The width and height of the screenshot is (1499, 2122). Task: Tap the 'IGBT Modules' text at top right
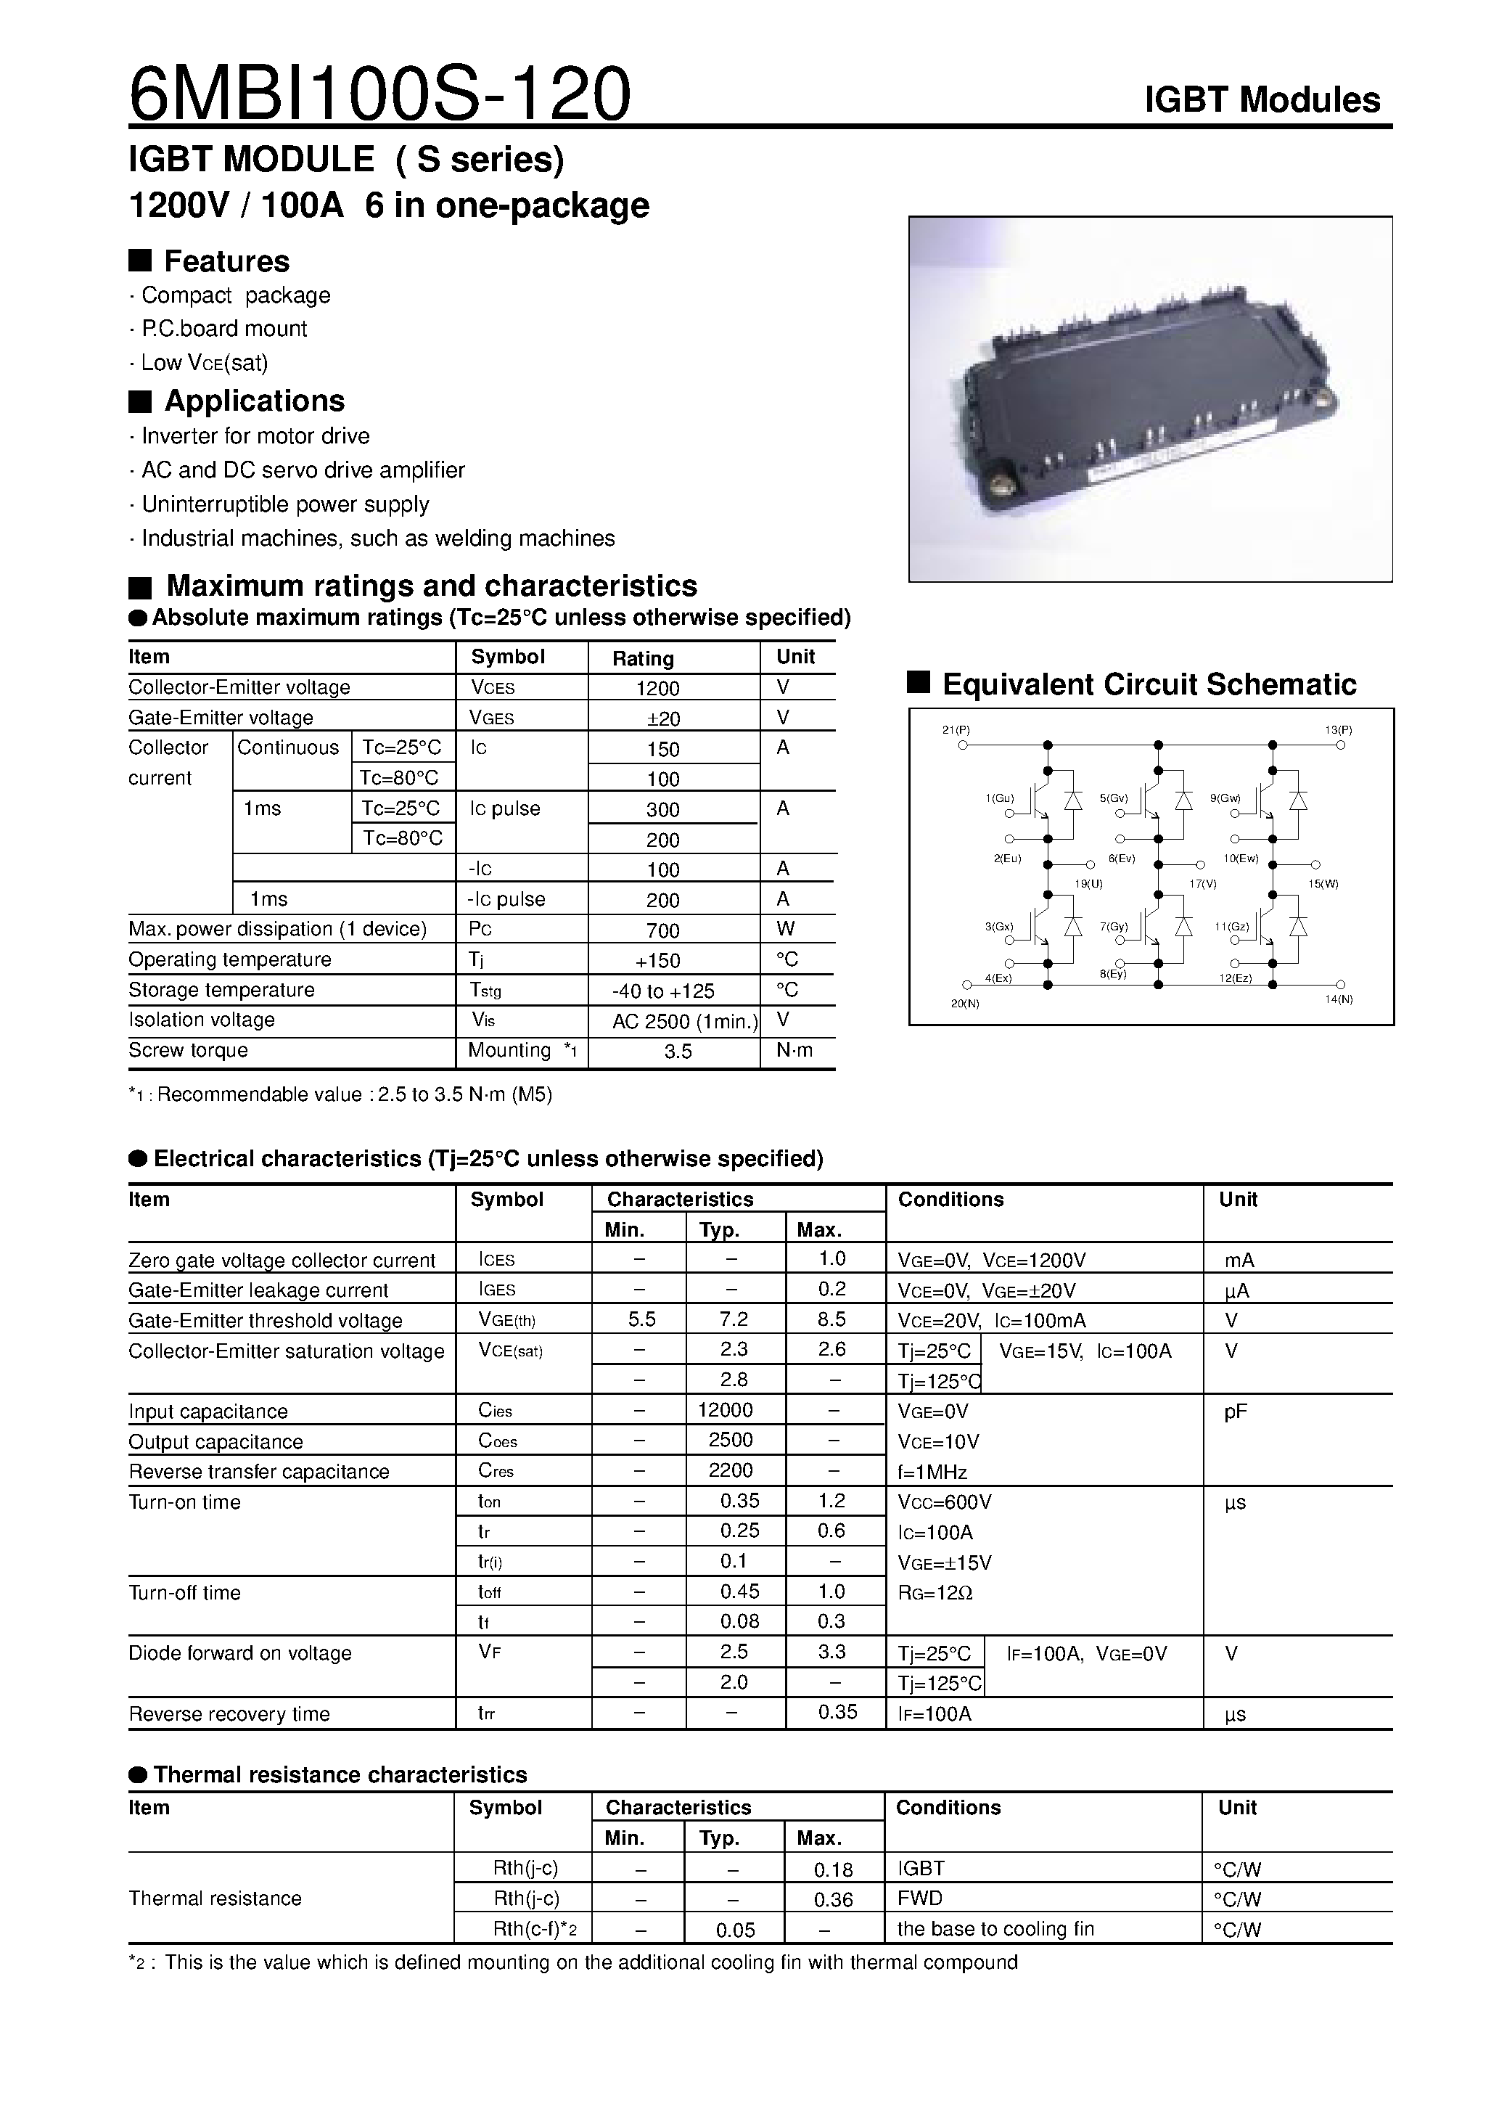[x=1262, y=100]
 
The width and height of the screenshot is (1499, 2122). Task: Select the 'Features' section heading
[x=226, y=261]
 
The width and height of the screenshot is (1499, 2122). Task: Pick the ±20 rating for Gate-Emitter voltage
[x=658, y=719]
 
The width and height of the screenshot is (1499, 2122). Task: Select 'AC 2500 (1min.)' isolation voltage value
[x=685, y=1021]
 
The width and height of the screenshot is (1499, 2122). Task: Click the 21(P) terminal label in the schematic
[x=956, y=730]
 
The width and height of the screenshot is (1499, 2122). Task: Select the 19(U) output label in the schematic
[x=1088, y=883]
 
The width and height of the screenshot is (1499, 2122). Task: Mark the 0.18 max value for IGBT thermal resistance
[x=833, y=1869]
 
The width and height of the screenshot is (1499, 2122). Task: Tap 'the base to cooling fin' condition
[x=995, y=1929]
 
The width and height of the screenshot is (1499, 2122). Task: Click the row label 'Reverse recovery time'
[x=229, y=1714]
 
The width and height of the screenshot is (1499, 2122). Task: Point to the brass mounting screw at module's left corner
[x=1000, y=483]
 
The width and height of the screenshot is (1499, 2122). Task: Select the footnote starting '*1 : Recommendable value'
[x=340, y=1095]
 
